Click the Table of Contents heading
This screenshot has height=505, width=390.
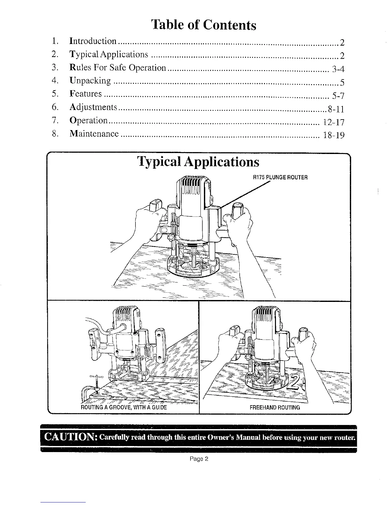coord(204,25)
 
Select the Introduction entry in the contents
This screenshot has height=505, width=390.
coord(93,41)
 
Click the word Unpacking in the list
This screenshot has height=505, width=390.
coord(90,81)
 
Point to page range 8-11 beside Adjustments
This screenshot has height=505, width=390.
coord(336,109)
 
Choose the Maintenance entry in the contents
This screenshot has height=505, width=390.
coord(94,134)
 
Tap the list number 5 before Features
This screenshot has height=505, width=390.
coord(54,94)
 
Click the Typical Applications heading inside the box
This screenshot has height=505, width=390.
coord(198,162)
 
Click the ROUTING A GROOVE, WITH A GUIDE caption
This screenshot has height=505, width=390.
coord(124,407)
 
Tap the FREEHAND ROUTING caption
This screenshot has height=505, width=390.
coord(275,407)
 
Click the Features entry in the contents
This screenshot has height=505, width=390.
coord(86,94)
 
